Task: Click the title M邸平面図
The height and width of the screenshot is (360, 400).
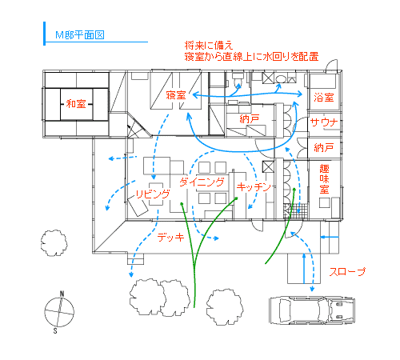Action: pyautogui.click(x=79, y=35)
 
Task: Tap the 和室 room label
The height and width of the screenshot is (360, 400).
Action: pyautogui.click(x=76, y=104)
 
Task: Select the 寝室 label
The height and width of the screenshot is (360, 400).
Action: pyautogui.click(x=176, y=95)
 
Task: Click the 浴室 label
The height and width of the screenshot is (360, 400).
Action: pyautogui.click(x=324, y=98)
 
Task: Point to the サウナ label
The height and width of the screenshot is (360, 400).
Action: pyautogui.click(x=324, y=122)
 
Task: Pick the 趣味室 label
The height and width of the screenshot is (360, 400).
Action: pyautogui.click(x=324, y=179)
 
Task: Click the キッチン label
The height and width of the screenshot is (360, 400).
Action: pyautogui.click(x=254, y=186)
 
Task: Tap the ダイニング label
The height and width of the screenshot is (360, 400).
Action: pyautogui.click(x=202, y=182)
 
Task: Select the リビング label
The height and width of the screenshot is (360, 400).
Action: pyautogui.click(x=153, y=194)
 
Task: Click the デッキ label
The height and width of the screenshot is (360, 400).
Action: pyautogui.click(x=170, y=237)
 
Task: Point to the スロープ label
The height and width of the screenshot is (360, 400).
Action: pyautogui.click(x=347, y=272)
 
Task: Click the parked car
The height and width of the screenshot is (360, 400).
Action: pyautogui.click(x=312, y=310)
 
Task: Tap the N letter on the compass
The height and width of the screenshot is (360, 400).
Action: pyautogui.click(x=62, y=294)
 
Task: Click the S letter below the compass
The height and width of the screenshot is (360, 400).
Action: pyautogui.click(x=55, y=331)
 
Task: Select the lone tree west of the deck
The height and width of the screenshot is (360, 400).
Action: pyautogui.click(x=54, y=243)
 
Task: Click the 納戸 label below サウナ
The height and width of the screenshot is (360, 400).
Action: pyautogui.click(x=324, y=147)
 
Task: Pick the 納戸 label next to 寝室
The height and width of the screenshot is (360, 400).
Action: pyautogui.click(x=250, y=119)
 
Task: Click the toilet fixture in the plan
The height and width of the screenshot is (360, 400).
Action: pyautogui.click(x=237, y=78)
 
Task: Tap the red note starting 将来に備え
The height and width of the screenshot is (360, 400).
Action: pyautogui.click(x=251, y=51)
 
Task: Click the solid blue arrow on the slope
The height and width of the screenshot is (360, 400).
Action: pyautogui.click(x=304, y=269)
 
